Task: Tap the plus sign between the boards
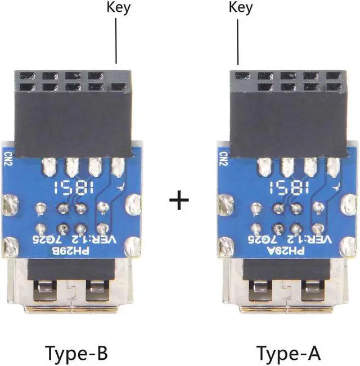click(x=179, y=200)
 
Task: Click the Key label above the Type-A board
click(x=241, y=7)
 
